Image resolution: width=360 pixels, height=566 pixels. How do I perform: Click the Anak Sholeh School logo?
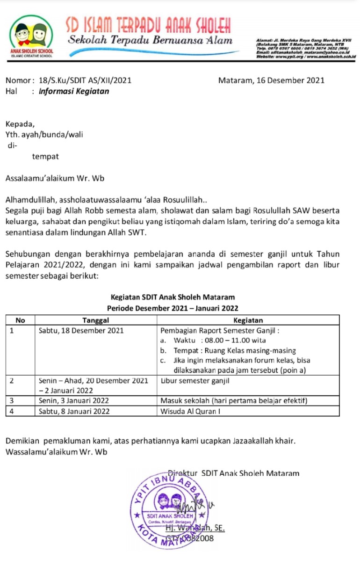pyautogui.click(x=31, y=37)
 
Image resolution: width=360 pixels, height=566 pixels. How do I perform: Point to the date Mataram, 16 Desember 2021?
pyautogui.click(x=271, y=80)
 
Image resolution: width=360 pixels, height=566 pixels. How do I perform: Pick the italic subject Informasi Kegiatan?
pyautogui.click(x=74, y=91)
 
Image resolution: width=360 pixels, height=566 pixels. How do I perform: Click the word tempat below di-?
pyautogui.click(x=45, y=156)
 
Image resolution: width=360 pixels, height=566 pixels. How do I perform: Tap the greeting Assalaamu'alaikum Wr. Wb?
pyautogui.click(x=55, y=178)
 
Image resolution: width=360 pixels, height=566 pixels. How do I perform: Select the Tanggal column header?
pyautogui.click(x=95, y=320)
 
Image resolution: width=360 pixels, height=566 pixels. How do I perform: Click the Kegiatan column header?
pyautogui.click(x=247, y=320)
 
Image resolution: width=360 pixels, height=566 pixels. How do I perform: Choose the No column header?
pyautogui.click(x=20, y=320)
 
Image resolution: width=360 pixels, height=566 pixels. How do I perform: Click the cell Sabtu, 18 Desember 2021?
pyautogui.click(x=81, y=331)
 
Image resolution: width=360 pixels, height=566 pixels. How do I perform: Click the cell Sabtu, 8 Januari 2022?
pyautogui.click(x=74, y=411)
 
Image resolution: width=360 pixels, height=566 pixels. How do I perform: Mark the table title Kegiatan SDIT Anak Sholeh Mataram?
pyautogui.click(x=173, y=297)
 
